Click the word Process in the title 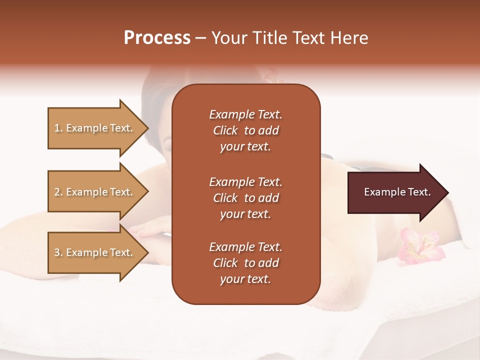(x=157, y=38)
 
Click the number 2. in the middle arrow (x=58, y=192)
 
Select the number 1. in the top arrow (x=58, y=128)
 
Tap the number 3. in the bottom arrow (x=58, y=252)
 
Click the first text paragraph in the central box (x=245, y=130)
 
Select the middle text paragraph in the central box (x=245, y=198)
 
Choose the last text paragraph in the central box (x=245, y=263)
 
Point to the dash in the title (x=200, y=38)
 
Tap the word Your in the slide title (x=227, y=38)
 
